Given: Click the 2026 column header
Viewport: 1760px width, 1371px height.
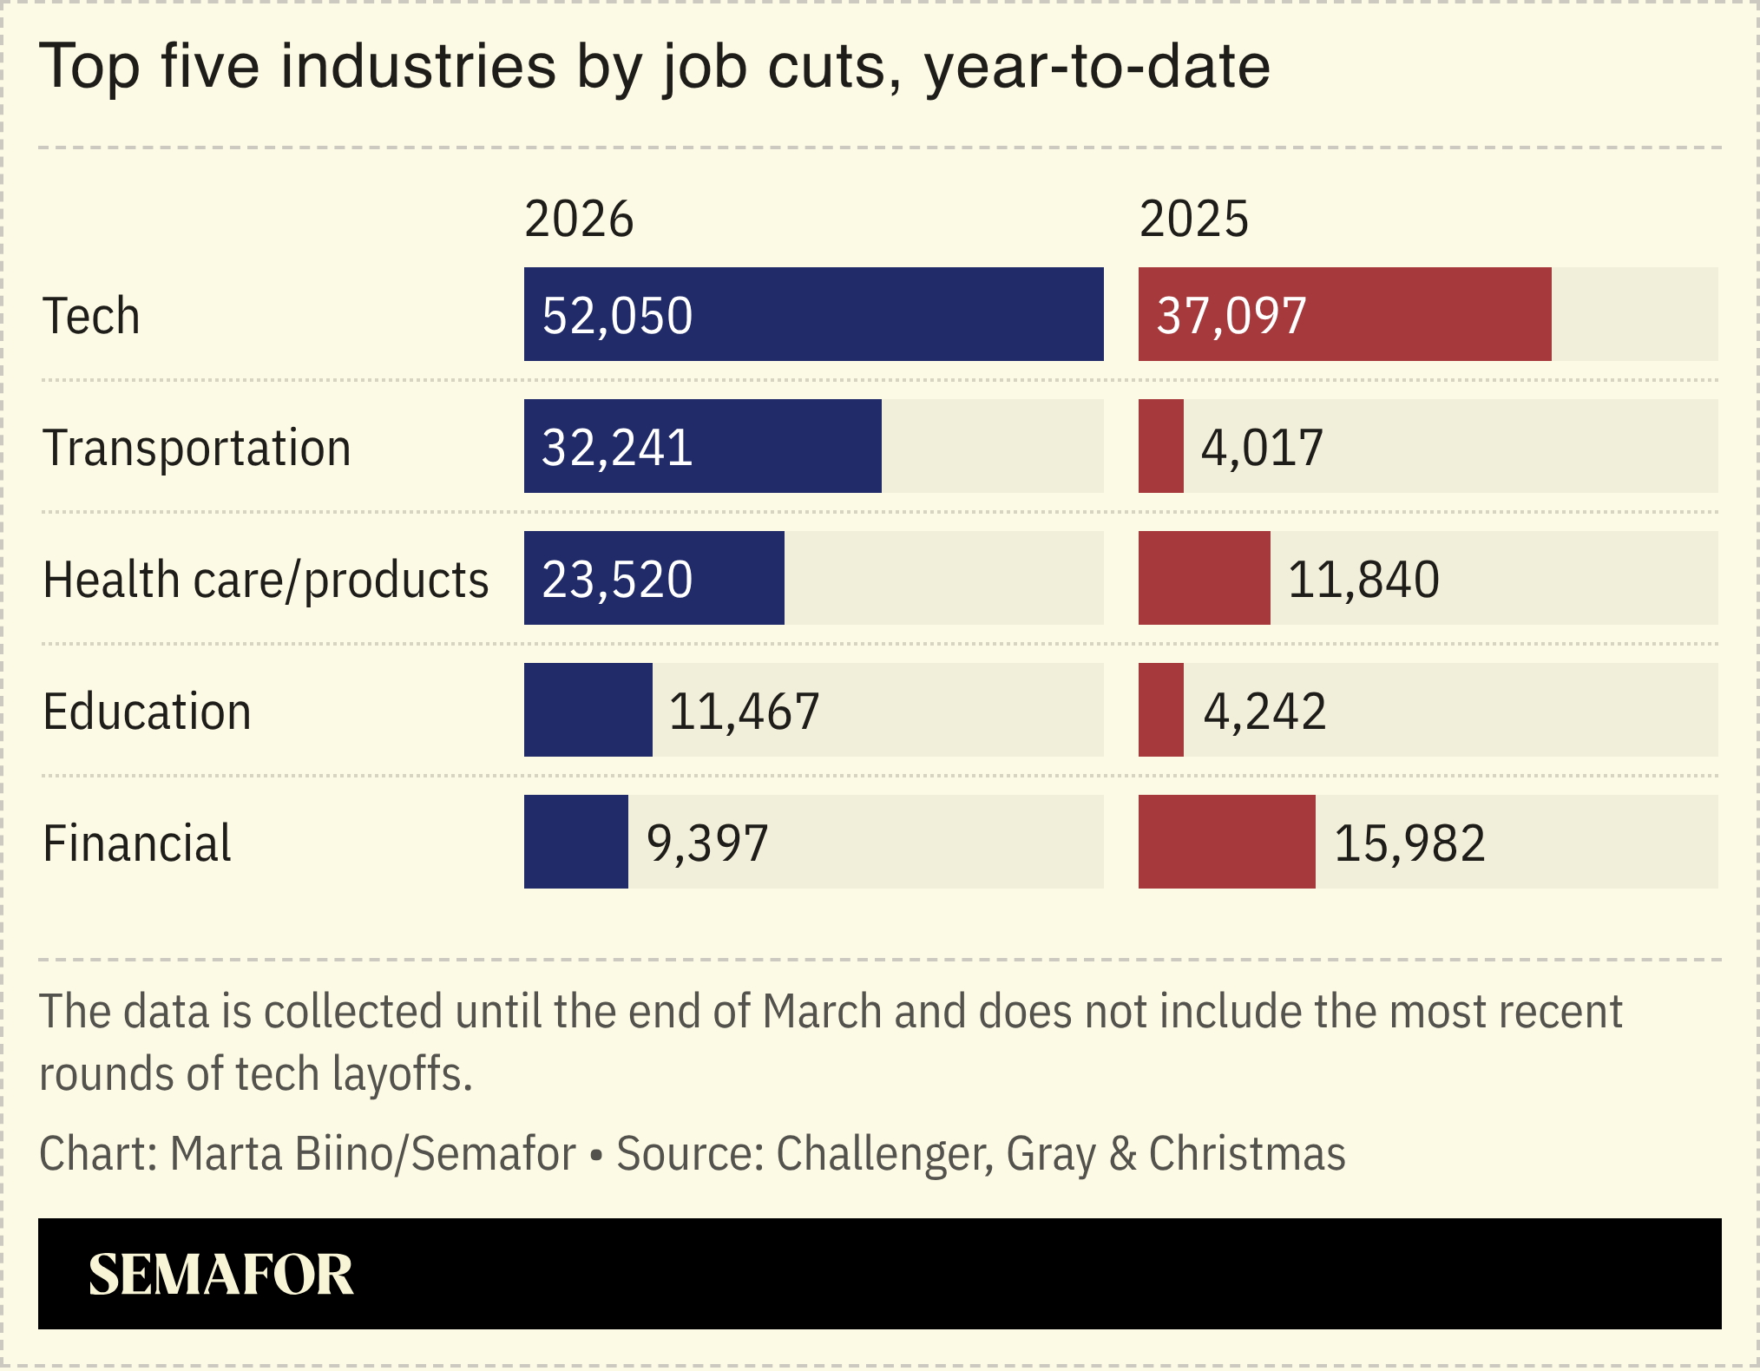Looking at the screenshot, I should [x=579, y=219].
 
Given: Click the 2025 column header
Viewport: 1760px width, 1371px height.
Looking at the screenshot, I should [x=1193, y=219].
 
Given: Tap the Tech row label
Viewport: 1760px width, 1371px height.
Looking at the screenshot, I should [x=91, y=316].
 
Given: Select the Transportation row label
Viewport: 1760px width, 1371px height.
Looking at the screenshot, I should [x=197, y=448].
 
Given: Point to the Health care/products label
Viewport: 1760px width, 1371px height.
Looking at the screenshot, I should [x=266, y=580].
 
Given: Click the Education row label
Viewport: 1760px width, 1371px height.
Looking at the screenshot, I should [x=147, y=712].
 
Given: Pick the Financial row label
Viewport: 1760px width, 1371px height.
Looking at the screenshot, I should [x=137, y=843].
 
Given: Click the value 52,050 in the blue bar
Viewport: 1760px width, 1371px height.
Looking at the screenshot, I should [x=617, y=316].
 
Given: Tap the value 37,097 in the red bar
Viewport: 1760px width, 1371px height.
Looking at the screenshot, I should [x=1231, y=316].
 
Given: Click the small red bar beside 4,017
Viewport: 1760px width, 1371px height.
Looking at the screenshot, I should [x=1161, y=446].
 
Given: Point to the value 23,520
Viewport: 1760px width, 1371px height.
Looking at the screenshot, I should [x=617, y=580].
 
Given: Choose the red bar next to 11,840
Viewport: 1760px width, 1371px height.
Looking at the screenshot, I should [x=1204, y=578].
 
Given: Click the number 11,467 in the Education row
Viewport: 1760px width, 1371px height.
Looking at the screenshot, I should [x=744, y=712].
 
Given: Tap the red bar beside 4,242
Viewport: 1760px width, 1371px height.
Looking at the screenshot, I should [x=1161, y=710].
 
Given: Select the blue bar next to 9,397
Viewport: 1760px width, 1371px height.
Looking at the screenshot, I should [x=575, y=842].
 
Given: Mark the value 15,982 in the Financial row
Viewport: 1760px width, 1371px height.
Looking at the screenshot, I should [x=1409, y=843].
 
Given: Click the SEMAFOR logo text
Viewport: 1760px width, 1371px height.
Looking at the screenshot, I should [x=220, y=1275].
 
